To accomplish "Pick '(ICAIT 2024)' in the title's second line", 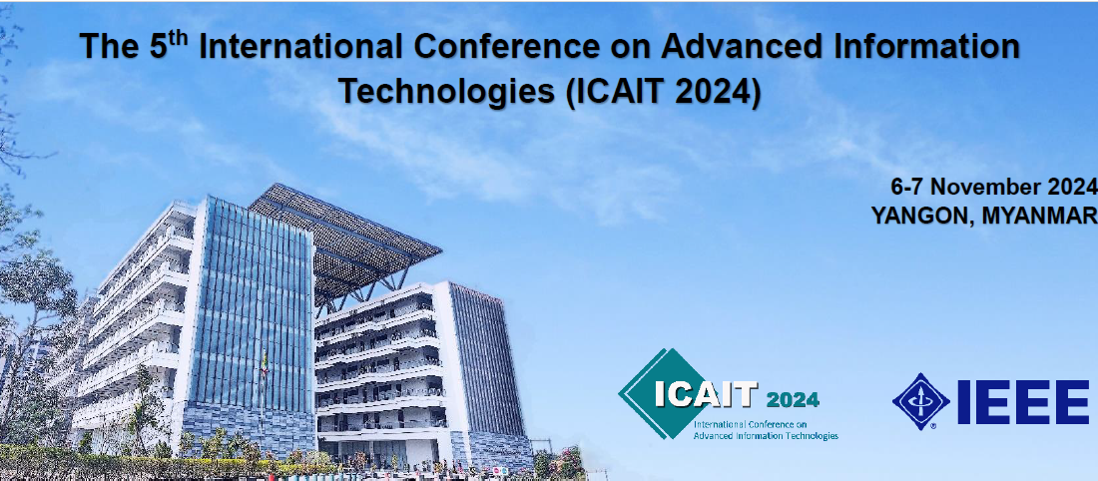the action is [x=663, y=93].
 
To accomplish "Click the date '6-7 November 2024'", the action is [x=993, y=187].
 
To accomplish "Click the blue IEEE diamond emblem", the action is [x=921, y=401].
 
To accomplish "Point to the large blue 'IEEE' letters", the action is [x=1023, y=402].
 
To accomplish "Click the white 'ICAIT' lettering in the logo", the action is [x=705, y=395].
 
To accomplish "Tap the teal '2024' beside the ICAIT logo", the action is [x=793, y=400].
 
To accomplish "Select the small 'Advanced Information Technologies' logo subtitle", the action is [x=766, y=435].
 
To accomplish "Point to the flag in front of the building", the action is [x=265, y=362].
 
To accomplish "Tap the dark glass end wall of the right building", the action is [x=487, y=360].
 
